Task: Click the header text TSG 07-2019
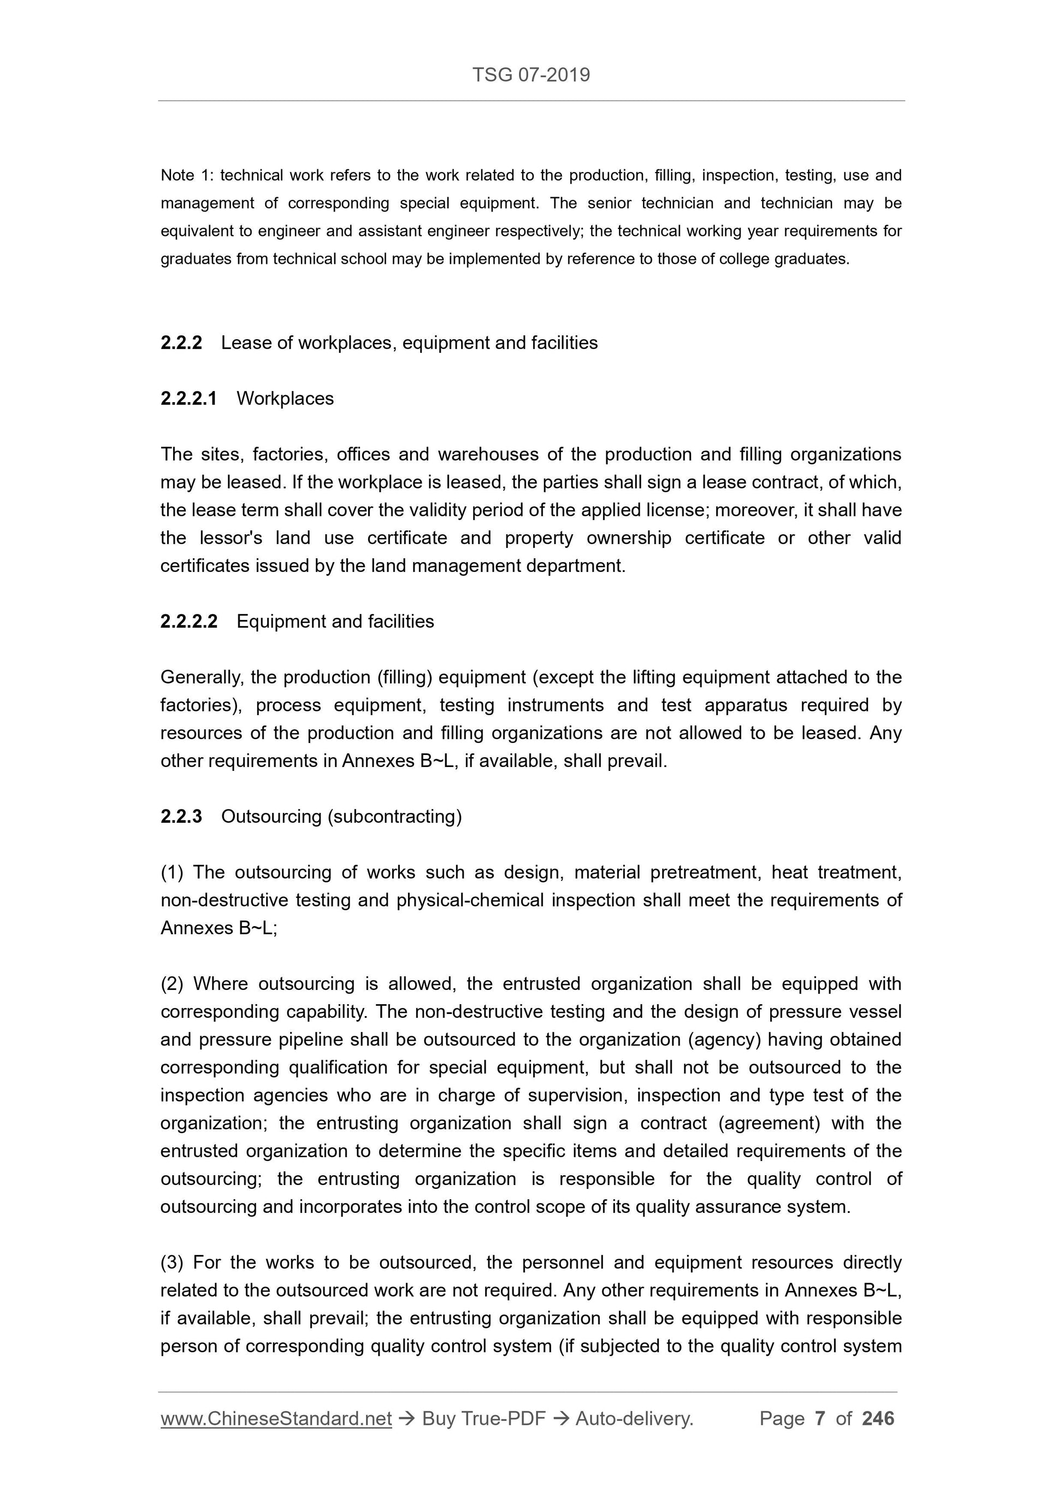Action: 530,75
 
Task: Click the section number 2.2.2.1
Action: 188,398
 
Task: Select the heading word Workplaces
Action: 285,398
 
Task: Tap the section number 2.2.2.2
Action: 188,621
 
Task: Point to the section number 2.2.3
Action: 181,816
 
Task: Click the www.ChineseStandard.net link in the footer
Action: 276,1418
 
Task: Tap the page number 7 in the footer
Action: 819,1418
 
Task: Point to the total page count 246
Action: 878,1418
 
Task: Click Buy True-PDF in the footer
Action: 483,1418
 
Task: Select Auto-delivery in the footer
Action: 634,1418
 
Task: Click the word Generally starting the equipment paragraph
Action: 201,677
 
